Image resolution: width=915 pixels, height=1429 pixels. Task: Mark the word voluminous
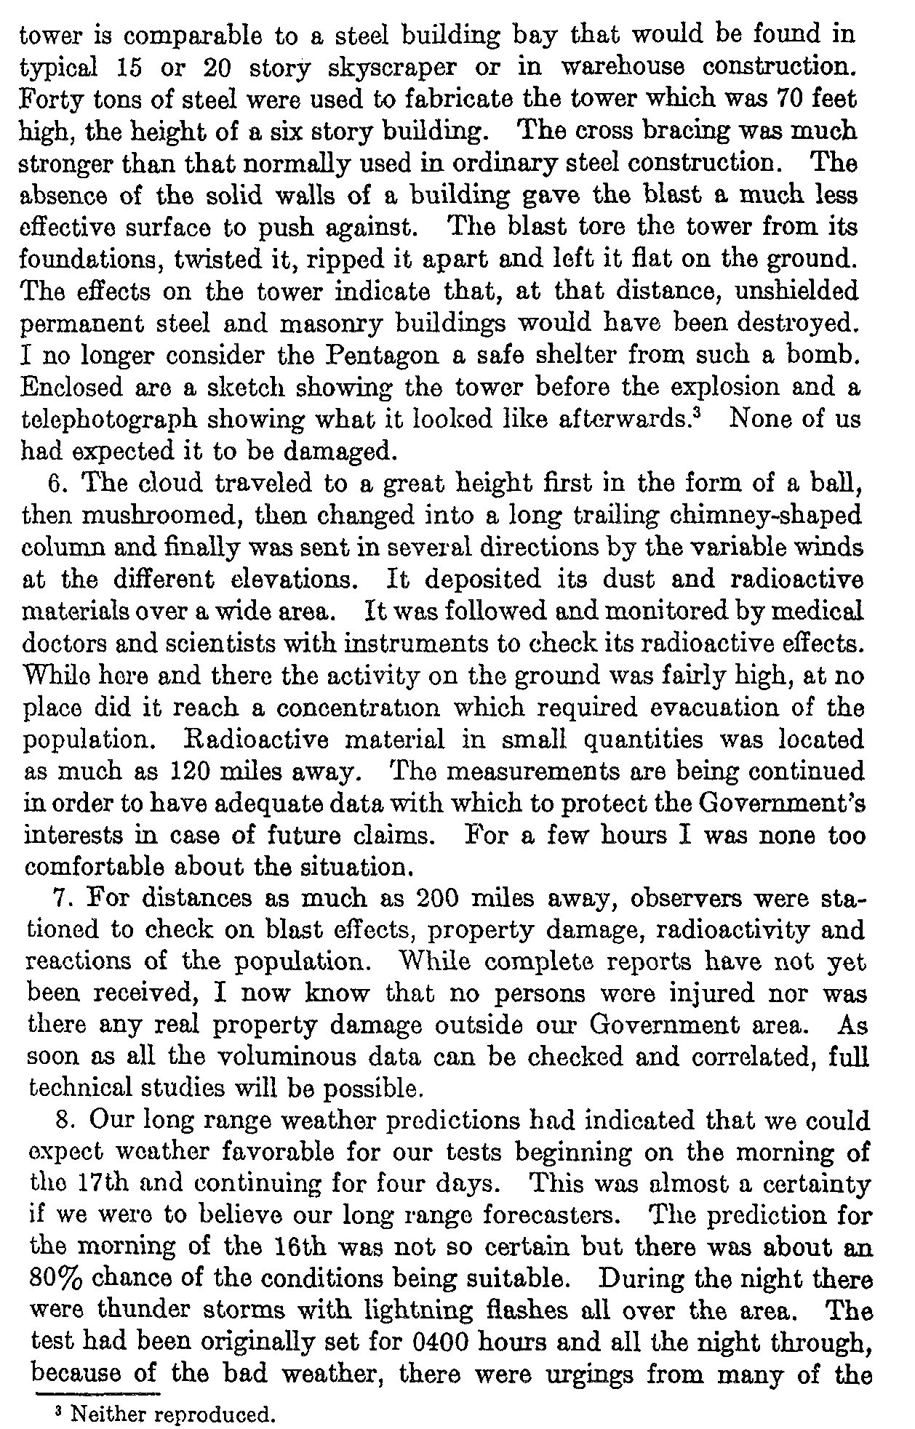pyautogui.click(x=281, y=1058)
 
